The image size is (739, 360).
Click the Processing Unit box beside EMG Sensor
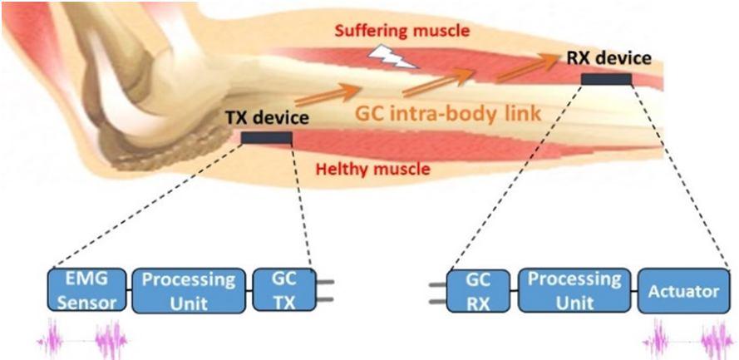pos(189,289)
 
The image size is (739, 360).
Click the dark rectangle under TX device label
pos(266,138)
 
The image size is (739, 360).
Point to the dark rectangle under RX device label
pos(606,79)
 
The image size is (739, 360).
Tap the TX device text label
pos(267,118)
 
